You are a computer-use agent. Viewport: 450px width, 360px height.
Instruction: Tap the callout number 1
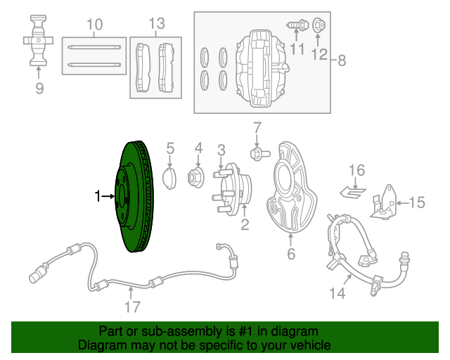tap(98, 197)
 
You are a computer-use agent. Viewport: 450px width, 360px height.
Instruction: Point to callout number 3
tap(221, 149)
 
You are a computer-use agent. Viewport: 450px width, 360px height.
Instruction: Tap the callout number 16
tap(357, 170)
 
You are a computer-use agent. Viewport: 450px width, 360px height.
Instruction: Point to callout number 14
tap(338, 292)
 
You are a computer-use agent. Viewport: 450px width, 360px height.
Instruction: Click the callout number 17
tap(132, 307)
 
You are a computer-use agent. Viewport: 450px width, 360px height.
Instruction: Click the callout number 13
tap(156, 25)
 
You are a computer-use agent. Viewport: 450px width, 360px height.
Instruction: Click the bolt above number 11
tap(296, 25)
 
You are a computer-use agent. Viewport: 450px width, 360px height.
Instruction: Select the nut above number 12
tap(317, 23)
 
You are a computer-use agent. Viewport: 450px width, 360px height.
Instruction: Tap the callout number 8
tap(342, 60)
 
